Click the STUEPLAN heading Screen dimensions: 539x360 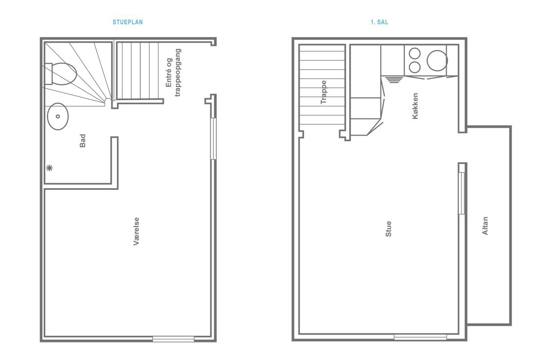point(128,22)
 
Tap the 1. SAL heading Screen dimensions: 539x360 point(380,22)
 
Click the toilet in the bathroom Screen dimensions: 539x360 point(61,74)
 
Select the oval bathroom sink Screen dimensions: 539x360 point(58,116)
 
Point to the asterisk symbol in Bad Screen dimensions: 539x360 point(49,168)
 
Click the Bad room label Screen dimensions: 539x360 point(83,140)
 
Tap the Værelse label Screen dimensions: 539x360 point(136,231)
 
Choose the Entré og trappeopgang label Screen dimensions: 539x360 point(173,73)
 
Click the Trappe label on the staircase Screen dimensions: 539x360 point(324,92)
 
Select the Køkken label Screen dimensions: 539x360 point(415,106)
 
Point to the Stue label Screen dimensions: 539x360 point(389,229)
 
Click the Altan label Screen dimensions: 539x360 point(485,226)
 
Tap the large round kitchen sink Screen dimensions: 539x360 point(437,60)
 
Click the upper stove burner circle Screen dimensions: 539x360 point(415,53)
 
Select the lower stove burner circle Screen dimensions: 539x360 point(415,67)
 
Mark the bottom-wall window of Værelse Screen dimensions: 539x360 point(173,339)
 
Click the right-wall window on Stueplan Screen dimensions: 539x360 point(213,139)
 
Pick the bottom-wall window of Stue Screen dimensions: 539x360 point(420,337)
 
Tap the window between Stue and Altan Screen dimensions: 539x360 point(461,193)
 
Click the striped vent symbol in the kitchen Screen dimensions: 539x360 point(393,79)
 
